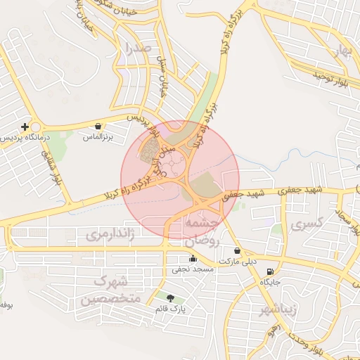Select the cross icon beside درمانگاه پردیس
[25, 127]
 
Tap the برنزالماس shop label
[98, 136]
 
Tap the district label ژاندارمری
[109, 234]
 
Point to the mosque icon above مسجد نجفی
[193, 258]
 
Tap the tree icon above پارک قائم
[170, 299]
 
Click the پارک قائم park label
[170, 308]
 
